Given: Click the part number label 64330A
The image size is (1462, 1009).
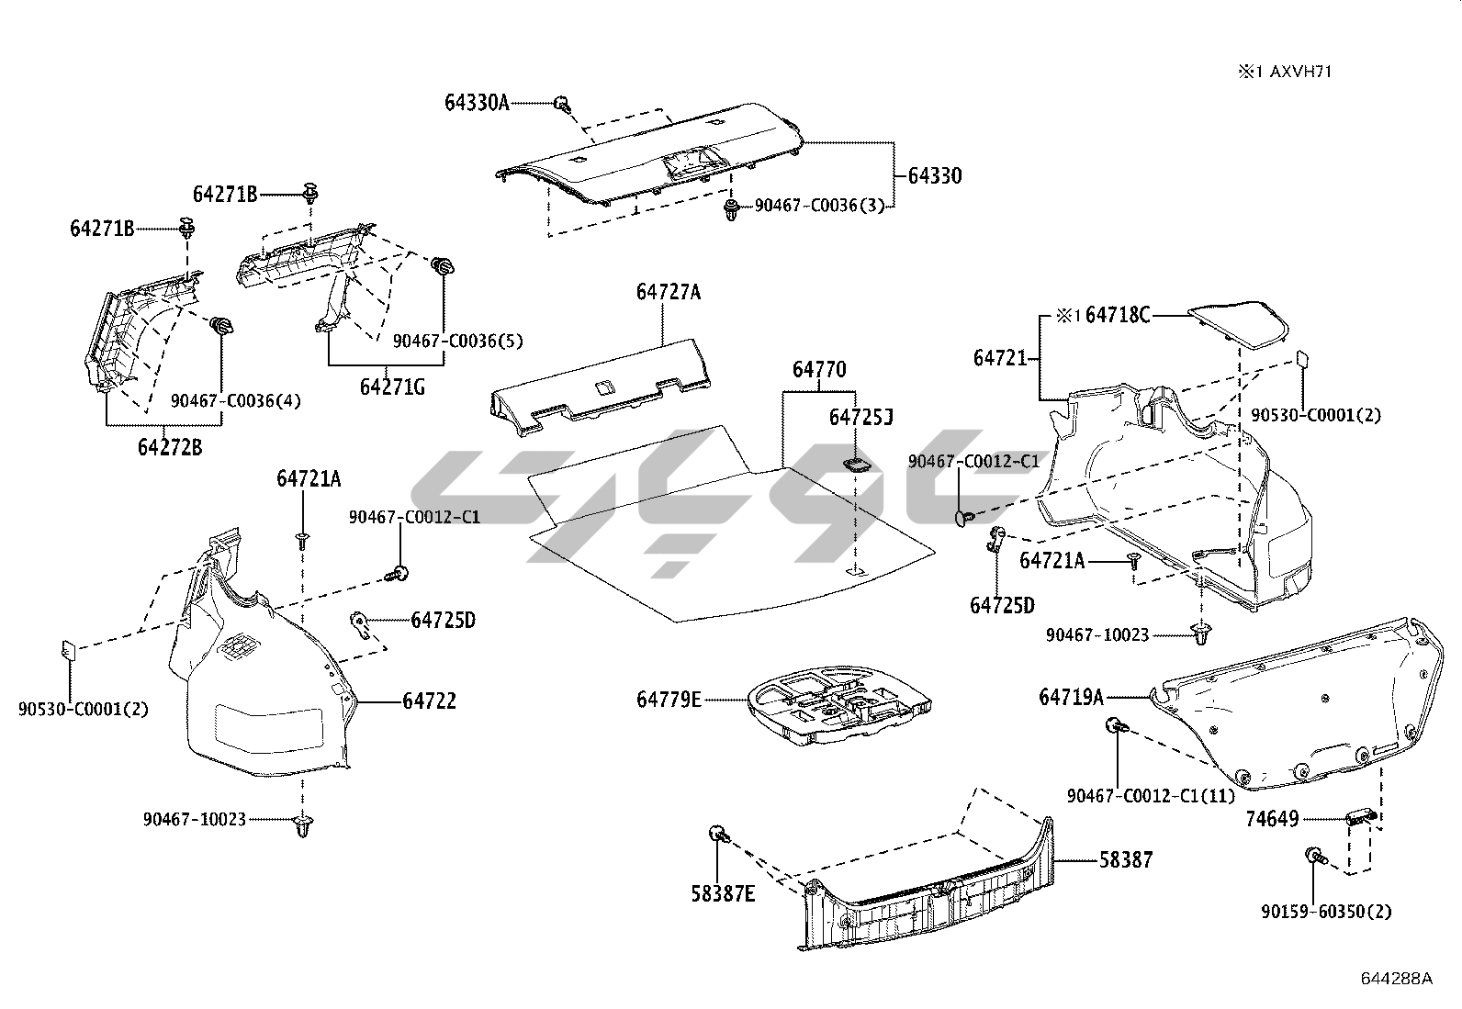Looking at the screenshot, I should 476,103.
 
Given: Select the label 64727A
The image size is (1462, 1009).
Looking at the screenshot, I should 668,292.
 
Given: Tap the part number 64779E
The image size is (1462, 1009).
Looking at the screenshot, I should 669,700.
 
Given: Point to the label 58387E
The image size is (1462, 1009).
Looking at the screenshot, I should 723,892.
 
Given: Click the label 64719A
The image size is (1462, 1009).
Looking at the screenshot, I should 1071,698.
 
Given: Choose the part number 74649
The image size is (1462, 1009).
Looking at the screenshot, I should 1272,819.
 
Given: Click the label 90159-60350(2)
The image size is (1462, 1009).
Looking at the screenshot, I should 1325,912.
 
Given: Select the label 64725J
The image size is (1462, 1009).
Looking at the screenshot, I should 860,418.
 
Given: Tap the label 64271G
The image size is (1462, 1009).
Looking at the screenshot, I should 392,387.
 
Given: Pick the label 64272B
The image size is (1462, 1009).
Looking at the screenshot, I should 170,448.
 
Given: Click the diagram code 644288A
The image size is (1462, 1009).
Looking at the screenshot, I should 1396,979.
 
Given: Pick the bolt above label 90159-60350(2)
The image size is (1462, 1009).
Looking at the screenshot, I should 1314,857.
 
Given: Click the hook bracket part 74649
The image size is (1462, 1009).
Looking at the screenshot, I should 1358,817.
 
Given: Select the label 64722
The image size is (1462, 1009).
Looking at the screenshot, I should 429,701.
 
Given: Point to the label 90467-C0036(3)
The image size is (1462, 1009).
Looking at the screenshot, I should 819,206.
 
